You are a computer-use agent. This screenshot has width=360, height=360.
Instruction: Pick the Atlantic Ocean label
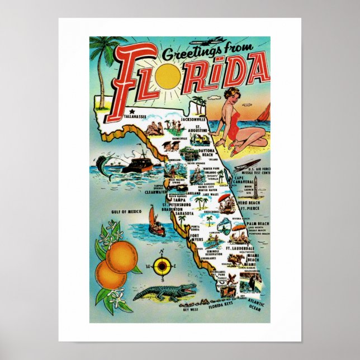click(254, 306)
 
